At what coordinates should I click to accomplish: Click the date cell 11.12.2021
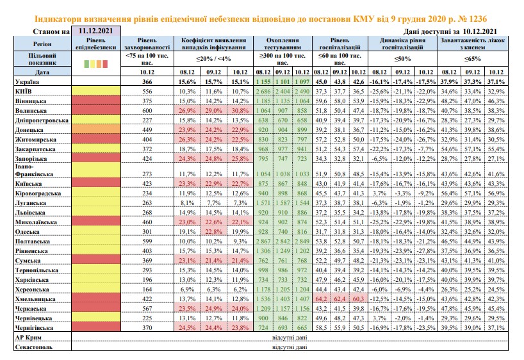(x=96, y=31)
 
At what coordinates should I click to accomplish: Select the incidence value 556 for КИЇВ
(x=147, y=91)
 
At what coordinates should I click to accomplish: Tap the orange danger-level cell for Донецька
(x=96, y=129)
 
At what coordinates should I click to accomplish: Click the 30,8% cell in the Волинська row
(x=240, y=111)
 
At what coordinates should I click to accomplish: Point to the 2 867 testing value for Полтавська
(x=263, y=241)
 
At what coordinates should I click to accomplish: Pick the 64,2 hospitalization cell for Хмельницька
(x=321, y=299)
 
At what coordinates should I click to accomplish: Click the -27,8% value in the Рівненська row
(x=426, y=251)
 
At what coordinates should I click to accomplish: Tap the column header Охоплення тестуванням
(x=282, y=44)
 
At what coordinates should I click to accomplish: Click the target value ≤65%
(x=473, y=59)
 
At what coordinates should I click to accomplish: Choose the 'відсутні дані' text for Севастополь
(x=290, y=347)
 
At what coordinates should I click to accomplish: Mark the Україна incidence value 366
(x=147, y=81)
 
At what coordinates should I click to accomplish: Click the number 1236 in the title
(x=475, y=19)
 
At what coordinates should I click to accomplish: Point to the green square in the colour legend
(x=86, y=63)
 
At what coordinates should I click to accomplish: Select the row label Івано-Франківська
(x=34, y=170)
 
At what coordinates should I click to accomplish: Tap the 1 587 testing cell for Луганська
(x=282, y=203)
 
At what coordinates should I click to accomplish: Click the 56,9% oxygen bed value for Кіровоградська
(x=496, y=193)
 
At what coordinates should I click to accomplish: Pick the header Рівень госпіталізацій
(x=340, y=44)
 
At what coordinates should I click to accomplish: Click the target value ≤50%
(x=402, y=59)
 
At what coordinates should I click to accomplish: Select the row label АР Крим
(x=28, y=338)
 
